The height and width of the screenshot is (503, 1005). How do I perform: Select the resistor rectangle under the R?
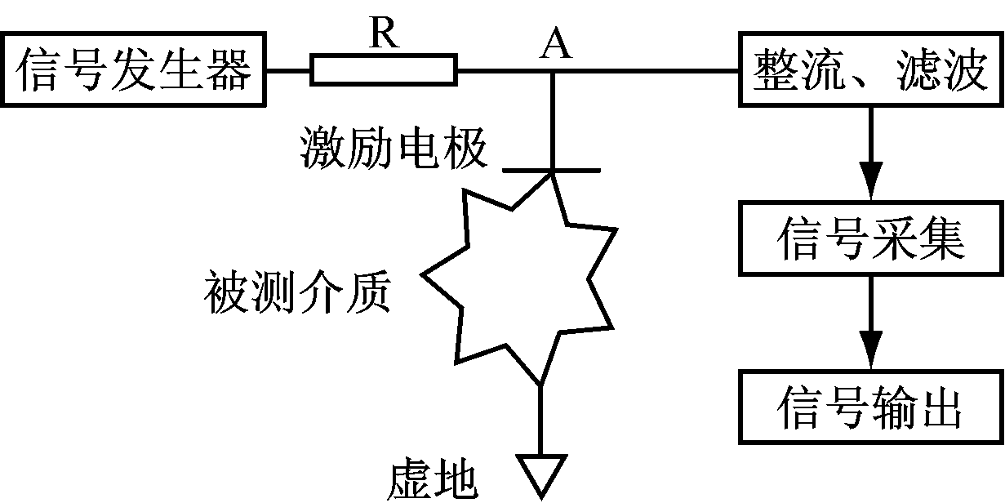pos(384,70)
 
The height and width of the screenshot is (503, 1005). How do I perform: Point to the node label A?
pos(556,46)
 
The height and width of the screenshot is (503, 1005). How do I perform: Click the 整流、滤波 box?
pos(871,69)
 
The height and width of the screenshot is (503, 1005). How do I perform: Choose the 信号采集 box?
pos(871,238)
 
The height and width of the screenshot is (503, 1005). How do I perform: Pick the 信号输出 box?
pos(871,406)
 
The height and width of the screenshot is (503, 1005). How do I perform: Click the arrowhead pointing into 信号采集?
pos(871,181)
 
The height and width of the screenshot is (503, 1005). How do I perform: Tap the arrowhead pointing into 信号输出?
pos(871,349)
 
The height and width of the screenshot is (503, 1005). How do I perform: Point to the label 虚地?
pos(433,480)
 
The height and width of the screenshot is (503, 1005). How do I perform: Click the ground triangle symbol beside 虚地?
pos(540,474)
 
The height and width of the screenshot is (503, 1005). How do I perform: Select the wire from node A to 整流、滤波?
pos(645,70)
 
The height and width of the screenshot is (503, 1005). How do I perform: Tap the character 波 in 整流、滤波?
pos(963,69)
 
